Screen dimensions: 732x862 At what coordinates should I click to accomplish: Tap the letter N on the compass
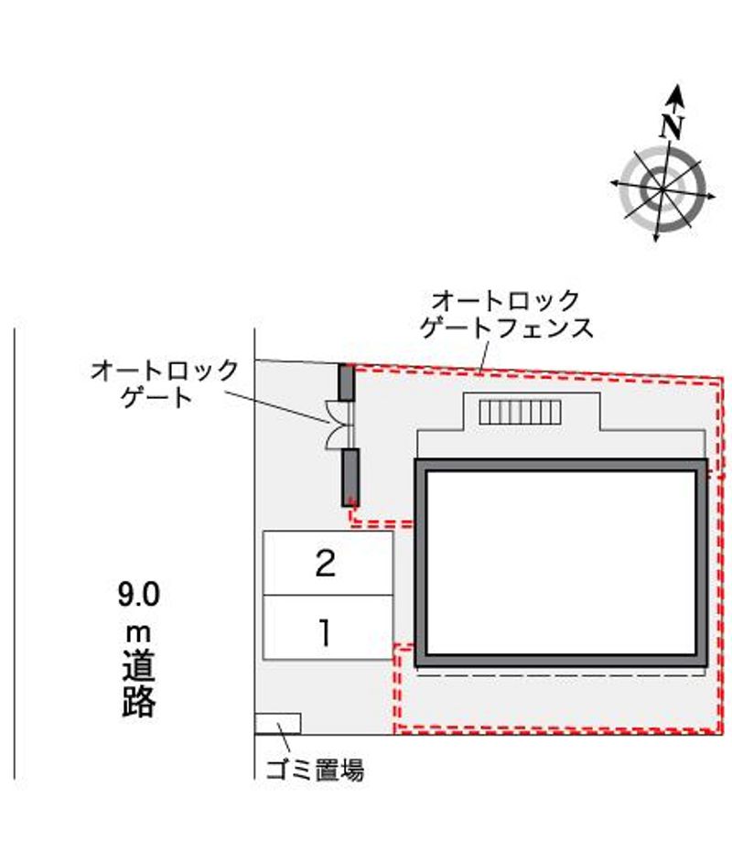coord(672,126)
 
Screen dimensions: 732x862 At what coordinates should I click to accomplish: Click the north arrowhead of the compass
coord(676,96)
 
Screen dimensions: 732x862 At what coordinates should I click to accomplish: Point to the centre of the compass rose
coord(662,189)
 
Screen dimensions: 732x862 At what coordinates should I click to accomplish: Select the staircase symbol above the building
coord(520,413)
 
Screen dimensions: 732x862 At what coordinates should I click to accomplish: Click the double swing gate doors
coord(340,425)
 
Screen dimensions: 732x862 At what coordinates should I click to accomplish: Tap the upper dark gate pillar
coord(346,383)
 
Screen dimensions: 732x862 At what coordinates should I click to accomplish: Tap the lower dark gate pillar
coord(350,477)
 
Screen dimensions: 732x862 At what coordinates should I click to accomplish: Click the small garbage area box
coord(277,724)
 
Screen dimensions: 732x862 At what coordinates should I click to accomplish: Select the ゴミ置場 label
coord(315,769)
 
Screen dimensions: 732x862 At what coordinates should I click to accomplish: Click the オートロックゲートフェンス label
coord(506,314)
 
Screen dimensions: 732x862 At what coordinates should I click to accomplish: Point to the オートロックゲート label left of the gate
coord(164,383)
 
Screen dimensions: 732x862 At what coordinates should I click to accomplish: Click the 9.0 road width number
coord(138,594)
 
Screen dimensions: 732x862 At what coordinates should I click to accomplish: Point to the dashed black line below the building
coord(561,675)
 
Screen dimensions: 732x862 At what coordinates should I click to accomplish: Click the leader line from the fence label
coord(485,358)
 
